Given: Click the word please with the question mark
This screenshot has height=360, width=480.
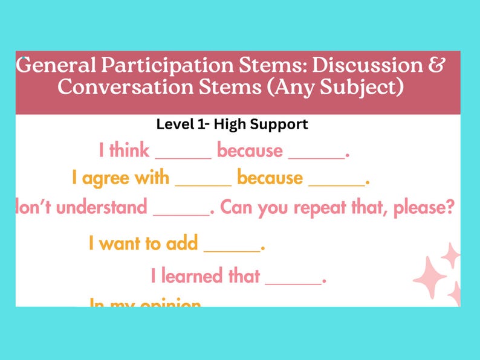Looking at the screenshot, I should (x=424, y=208).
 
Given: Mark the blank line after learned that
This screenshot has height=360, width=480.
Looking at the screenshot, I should (x=293, y=281).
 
